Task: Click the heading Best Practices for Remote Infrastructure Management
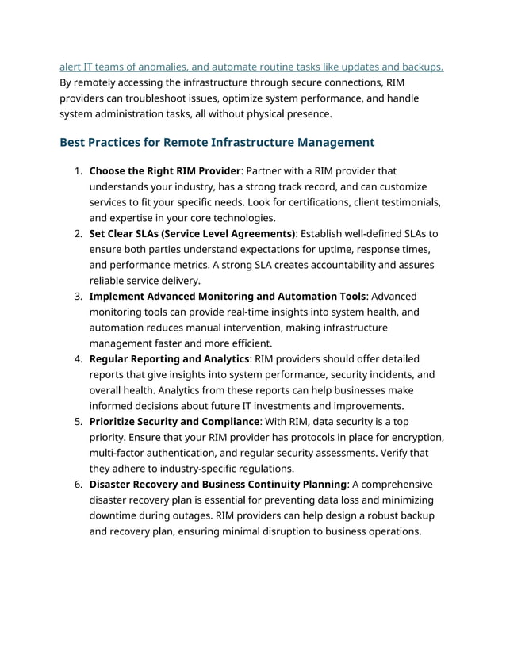pos(217,143)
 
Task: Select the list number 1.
pos(78,170)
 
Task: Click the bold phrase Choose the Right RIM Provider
pos(164,170)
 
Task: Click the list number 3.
pos(78,297)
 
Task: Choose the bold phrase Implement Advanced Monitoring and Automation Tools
pos(228,297)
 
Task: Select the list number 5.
pos(78,422)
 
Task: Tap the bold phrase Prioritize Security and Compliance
pos(174,422)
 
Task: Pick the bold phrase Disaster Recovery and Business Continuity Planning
pos(217,485)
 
